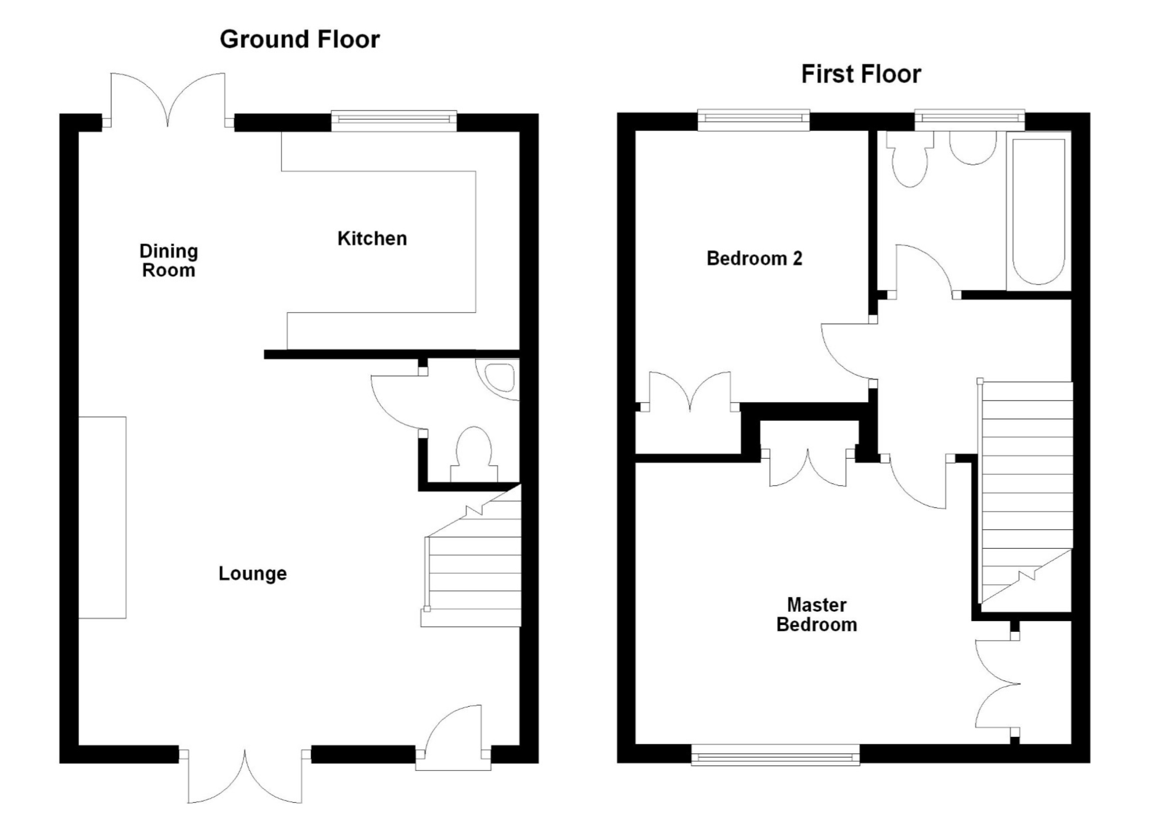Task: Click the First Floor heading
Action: (861, 75)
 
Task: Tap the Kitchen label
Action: (372, 238)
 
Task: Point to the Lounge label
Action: (253, 573)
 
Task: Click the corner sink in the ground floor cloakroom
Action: (501, 376)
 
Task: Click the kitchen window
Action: (394, 120)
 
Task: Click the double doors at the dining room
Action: (168, 102)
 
